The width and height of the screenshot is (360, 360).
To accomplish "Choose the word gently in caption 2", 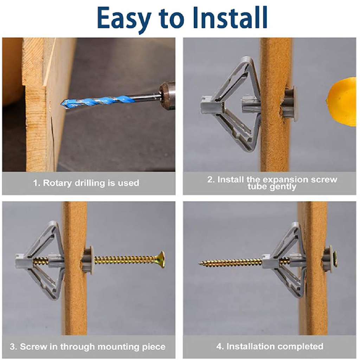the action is [283, 187].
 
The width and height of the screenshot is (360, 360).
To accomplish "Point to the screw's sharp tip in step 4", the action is [199, 264].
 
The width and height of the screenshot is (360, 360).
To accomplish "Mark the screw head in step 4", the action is [335, 258].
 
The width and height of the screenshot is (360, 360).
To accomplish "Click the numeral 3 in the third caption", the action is [12, 346].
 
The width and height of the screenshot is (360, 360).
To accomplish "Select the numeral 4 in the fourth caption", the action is [219, 346].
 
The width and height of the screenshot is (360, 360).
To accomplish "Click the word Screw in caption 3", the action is [33, 346].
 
